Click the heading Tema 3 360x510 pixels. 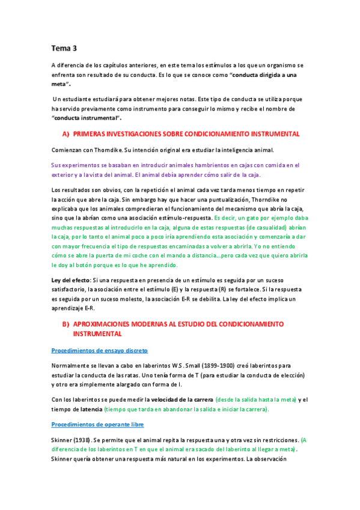click(64, 48)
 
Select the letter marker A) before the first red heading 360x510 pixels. click(67, 134)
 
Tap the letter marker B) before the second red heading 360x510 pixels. click(67, 324)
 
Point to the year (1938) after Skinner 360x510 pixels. click(82, 440)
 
